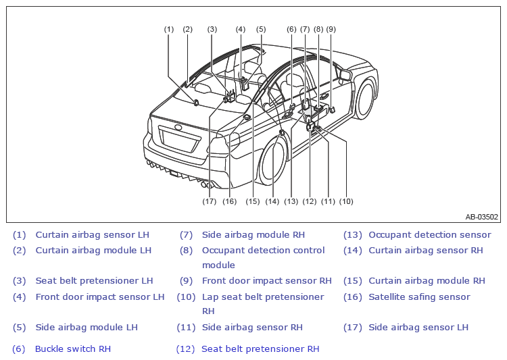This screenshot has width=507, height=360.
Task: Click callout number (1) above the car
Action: [x=169, y=30]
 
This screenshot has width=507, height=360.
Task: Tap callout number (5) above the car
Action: [x=261, y=30]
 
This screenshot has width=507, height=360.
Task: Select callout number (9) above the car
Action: [x=331, y=30]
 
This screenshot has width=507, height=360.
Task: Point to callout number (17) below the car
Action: [x=209, y=201]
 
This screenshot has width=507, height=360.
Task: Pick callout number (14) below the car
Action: [x=272, y=201]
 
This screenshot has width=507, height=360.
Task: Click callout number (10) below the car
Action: [x=346, y=201]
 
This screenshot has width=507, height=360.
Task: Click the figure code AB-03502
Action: [x=481, y=217]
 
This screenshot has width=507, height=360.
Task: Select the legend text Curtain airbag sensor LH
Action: [x=93, y=234]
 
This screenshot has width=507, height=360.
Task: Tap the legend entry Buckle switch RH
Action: [x=73, y=349]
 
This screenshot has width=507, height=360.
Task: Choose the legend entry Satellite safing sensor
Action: [x=419, y=297]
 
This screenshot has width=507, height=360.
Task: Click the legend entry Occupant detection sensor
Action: [x=430, y=234]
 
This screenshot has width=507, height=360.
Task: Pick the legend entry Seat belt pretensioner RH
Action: [x=260, y=349]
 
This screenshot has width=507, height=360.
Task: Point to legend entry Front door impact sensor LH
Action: [x=100, y=297]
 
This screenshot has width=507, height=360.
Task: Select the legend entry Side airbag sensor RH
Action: [x=252, y=328]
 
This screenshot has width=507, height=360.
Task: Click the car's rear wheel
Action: [x=273, y=161]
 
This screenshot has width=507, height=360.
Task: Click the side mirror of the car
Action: [x=344, y=75]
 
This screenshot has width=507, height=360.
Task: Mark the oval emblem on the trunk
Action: [x=178, y=127]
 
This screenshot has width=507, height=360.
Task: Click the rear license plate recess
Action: [x=179, y=139]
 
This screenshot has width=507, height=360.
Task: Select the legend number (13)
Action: [x=353, y=235]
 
